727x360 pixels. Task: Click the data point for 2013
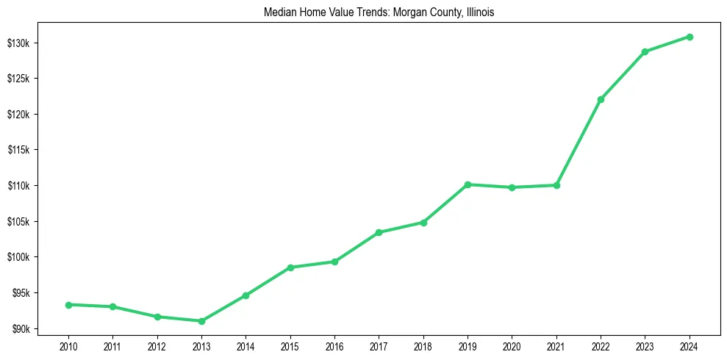click(x=201, y=321)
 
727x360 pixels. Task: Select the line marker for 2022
click(x=601, y=99)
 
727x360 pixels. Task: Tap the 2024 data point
click(x=690, y=37)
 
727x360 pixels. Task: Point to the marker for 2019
click(x=468, y=184)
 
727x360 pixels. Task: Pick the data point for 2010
click(x=68, y=305)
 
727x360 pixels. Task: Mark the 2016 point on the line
click(x=334, y=262)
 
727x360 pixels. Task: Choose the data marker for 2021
click(x=556, y=185)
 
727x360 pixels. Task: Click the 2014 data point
click(x=246, y=295)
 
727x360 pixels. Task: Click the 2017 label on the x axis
click(x=379, y=346)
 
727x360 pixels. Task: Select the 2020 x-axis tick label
click(x=512, y=346)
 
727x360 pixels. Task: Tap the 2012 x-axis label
click(x=157, y=346)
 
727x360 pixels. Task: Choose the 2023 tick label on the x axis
click(x=645, y=346)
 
